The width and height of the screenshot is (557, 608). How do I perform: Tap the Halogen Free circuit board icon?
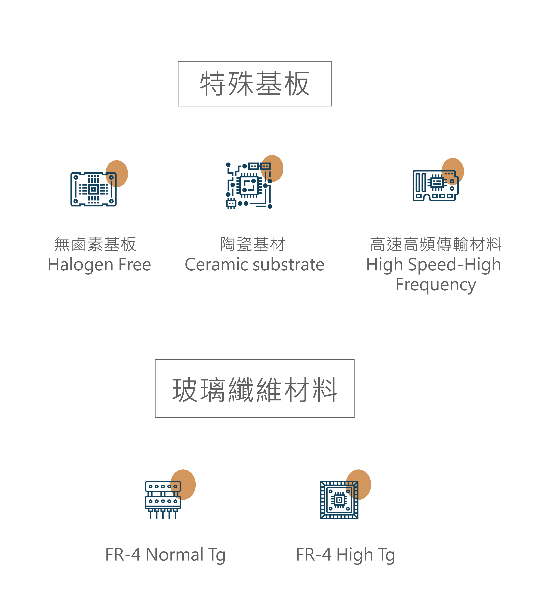point(93,189)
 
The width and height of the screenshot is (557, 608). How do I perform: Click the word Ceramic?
point(216,265)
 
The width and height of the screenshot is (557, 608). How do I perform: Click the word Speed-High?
point(454,265)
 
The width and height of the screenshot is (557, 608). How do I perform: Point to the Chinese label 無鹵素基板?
point(95,244)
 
